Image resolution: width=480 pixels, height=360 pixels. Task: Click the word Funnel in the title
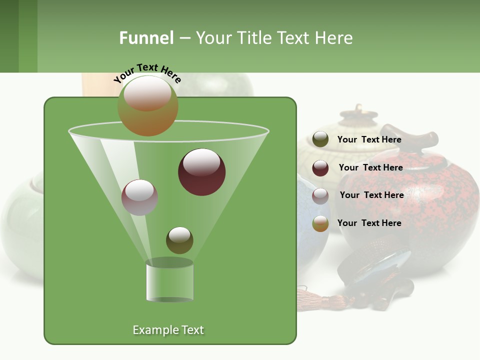click(146, 38)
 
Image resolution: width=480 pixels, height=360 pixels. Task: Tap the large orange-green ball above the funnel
click(148, 106)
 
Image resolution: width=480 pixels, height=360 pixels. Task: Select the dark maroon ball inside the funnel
click(202, 172)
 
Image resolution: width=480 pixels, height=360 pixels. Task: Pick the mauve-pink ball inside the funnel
click(140, 197)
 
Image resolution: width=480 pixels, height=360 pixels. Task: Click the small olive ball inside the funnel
click(179, 240)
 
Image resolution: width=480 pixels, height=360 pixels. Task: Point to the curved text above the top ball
click(147, 72)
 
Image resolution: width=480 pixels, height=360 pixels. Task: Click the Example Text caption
click(168, 330)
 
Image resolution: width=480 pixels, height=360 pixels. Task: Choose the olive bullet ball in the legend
click(320, 139)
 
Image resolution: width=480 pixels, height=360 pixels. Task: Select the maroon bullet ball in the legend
click(320, 168)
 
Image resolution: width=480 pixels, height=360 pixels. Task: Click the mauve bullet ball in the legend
click(320, 195)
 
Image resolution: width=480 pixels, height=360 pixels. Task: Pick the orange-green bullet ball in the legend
click(320, 223)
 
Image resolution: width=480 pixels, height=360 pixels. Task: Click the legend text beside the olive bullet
click(369, 139)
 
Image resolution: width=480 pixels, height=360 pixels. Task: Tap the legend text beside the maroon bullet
click(371, 167)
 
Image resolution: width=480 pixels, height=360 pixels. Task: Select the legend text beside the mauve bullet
click(372, 195)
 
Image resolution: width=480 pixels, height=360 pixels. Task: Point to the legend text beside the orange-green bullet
click(369, 223)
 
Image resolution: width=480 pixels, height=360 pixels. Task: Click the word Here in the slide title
click(334, 38)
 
